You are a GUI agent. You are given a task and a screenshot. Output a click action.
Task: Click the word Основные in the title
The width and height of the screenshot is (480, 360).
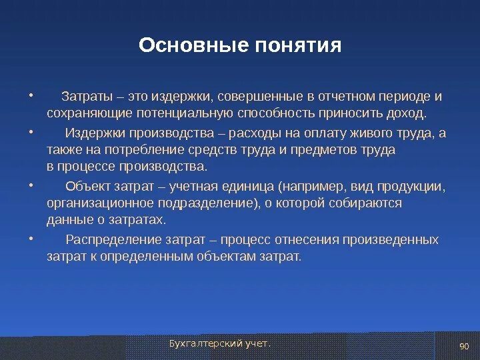click(x=193, y=45)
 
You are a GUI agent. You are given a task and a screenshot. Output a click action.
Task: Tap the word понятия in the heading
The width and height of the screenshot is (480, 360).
click(x=298, y=45)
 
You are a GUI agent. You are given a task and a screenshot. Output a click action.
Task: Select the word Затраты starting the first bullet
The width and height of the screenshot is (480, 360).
click(x=87, y=97)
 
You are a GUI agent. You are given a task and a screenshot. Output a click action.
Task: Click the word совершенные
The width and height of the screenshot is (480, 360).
click(x=260, y=97)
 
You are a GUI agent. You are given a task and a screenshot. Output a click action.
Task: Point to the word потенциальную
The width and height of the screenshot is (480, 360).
click(x=185, y=113)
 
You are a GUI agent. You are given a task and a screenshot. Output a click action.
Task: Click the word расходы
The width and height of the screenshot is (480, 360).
click(x=255, y=133)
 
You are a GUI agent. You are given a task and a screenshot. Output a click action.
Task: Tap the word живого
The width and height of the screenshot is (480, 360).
click(x=371, y=133)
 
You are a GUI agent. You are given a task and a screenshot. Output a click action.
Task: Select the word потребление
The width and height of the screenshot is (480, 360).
click(x=144, y=150)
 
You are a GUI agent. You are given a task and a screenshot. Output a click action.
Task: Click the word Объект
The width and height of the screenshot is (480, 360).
click(x=87, y=187)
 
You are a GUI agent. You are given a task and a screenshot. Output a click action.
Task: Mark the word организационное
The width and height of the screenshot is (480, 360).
click(x=100, y=203)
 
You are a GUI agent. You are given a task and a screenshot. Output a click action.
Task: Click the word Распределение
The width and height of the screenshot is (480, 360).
click(x=113, y=240)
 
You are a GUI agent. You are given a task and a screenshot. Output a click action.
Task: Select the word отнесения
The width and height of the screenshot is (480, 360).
click(x=307, y=240)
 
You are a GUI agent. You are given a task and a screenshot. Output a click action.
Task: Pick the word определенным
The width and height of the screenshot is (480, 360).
click(x=147, y=257)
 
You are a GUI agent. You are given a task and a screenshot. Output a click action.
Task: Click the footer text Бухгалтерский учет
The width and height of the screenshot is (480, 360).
click(x=220, y=344)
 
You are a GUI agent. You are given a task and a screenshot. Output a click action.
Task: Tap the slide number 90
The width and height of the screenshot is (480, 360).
click(x=464, y=346)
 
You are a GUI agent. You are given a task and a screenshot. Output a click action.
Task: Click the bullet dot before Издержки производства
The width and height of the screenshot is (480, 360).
click(x=31, y=132)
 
